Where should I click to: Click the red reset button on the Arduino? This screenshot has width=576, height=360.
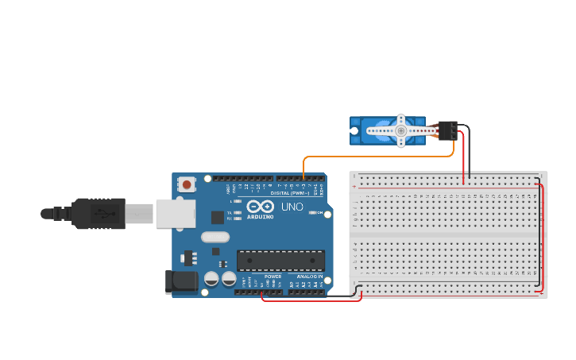click(x=187, y=184)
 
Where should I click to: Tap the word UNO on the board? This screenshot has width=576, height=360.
click(x=292, y=207)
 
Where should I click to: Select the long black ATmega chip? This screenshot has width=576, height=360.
click(x=280, y=261)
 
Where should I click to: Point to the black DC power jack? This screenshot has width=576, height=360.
click(x=180, y=282)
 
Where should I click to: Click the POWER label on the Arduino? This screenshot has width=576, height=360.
click(x=273, y=277)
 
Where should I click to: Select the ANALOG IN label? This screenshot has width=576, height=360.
click(x=310, y=277)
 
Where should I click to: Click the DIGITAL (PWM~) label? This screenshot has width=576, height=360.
click(x=290, y=193)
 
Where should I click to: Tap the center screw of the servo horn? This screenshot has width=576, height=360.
click(x=401, y=130)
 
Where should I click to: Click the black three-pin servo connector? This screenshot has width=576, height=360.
click(x=447, y=130)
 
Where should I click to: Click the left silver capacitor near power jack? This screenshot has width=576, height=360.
click(x=212, y=279)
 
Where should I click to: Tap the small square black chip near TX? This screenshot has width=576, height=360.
click(x=217, y=217)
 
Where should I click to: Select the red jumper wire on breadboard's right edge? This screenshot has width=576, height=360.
click(x=543, y=238)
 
